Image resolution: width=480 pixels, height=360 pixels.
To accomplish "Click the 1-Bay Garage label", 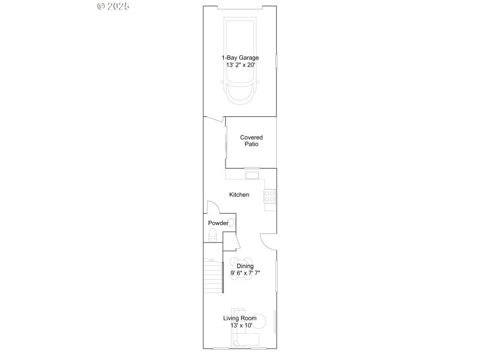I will click(239, 58).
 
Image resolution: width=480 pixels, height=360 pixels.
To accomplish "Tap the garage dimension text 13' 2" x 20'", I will click(239, 65).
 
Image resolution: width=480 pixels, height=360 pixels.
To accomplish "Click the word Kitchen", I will click(239, 195).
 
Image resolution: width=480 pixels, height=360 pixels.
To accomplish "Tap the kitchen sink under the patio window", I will click(251, 175).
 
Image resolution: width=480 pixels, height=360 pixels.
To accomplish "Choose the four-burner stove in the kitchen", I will click(270, 196).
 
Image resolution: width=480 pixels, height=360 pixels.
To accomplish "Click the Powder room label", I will click(218, 223).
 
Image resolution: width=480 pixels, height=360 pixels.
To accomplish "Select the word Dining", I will click(245, 266).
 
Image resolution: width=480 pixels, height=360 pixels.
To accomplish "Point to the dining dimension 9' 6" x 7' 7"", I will click(245, 273).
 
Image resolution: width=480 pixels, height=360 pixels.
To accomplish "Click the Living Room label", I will click(239, 318).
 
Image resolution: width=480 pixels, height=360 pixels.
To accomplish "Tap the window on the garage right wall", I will click(276, 62).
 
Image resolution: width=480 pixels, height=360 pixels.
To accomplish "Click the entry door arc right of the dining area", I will click(268, 241).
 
